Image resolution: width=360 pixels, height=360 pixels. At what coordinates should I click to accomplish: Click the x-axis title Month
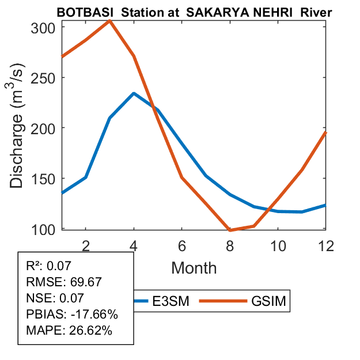[194, 268]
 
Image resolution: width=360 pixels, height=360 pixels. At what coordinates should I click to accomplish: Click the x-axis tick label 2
[86, 245]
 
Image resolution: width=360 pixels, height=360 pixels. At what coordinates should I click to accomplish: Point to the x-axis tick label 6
[181, 245]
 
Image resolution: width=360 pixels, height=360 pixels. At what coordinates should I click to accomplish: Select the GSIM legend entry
[270, 301]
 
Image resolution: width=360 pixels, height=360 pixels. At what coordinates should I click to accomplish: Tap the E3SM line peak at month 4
[134, 93]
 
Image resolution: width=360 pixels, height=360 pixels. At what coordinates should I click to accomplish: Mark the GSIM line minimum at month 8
[229, 230]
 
